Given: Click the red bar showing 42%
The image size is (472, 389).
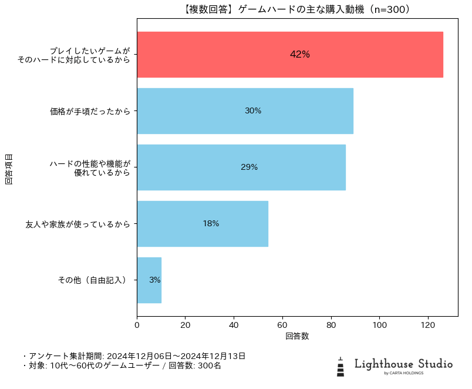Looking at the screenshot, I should click(x=289, y=55).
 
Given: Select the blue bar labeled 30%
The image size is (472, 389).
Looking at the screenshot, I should click(x=245, y=111).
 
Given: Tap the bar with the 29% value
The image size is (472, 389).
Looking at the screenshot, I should click(x=241, y=167).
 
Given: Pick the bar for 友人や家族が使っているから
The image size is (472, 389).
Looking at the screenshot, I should click(x=202, y=224).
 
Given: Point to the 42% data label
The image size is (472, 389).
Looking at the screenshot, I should click(x=299, y=55).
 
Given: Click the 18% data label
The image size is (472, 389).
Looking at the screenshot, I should click(x=211, y=224).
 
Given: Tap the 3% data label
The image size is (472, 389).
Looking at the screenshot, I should click(x=154, y=280).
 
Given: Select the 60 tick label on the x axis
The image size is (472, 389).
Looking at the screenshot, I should click(x=282, y=324).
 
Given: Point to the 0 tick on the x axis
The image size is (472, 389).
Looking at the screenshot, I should click(x=137, y=324).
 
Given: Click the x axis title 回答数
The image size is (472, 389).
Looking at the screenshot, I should click(x=297, y=337).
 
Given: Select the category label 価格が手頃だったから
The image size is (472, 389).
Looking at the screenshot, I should click(x=90, y=111).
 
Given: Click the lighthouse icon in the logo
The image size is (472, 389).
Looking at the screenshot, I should click(x=340, y=366).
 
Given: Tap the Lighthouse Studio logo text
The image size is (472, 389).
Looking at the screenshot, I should click(x=403, y=364).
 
